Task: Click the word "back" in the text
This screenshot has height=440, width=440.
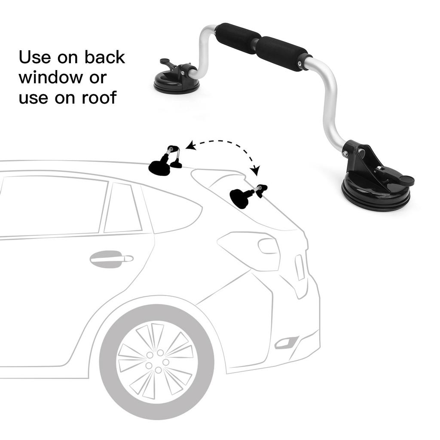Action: [104, 57]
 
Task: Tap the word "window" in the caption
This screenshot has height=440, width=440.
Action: [51, 78]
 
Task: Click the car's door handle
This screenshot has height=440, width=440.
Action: [111, 259]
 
